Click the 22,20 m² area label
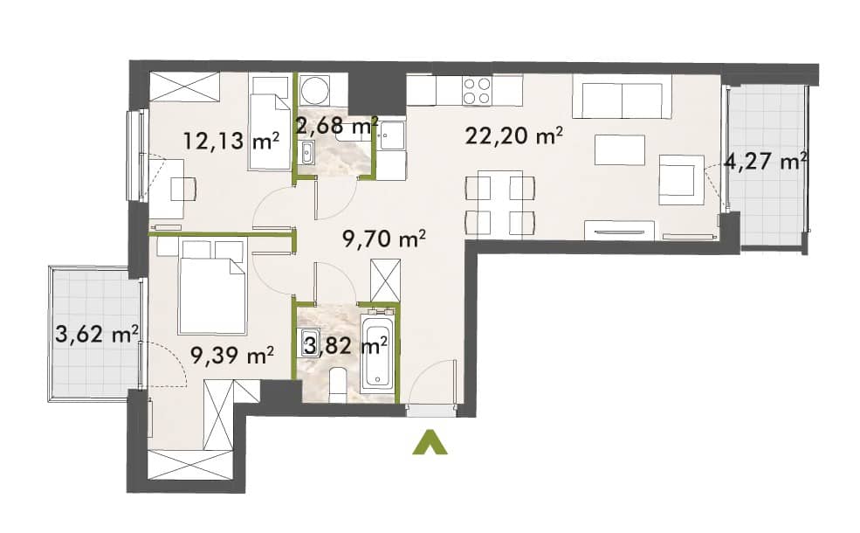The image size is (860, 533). coord(514,135)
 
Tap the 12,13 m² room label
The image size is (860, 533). coord(231,141)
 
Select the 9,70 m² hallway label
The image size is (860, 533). coord(384,239)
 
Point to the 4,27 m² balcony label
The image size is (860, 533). coord(766,162)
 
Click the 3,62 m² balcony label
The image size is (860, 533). coord(97,334)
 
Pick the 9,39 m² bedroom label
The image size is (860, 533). coord(232,356)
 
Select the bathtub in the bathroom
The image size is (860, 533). coord(377,353)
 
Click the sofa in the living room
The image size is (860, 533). coord(622,97)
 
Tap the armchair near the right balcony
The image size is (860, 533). coord(681,179)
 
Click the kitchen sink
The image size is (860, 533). coord(392,135)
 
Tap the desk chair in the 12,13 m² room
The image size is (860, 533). coord(184,190)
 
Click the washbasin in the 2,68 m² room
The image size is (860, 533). coord(306,152)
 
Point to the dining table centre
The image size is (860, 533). coord(499,202)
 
